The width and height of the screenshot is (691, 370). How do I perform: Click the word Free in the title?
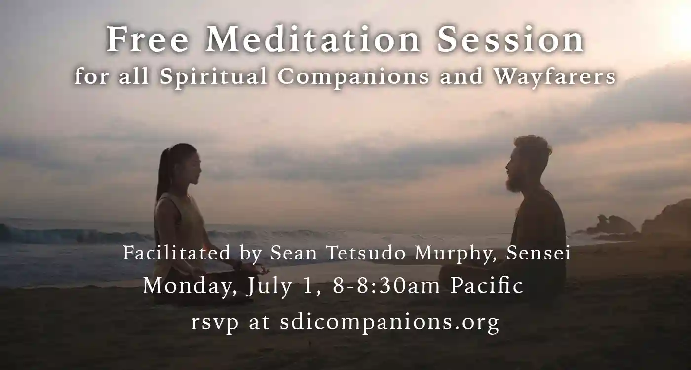(148, 40)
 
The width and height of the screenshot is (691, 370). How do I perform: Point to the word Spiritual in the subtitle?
(213, 77)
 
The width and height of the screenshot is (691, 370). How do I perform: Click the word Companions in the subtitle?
(353, 77)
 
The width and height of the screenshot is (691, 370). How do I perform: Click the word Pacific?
(487, 286)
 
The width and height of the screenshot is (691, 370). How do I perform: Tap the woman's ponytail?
(163, 173)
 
